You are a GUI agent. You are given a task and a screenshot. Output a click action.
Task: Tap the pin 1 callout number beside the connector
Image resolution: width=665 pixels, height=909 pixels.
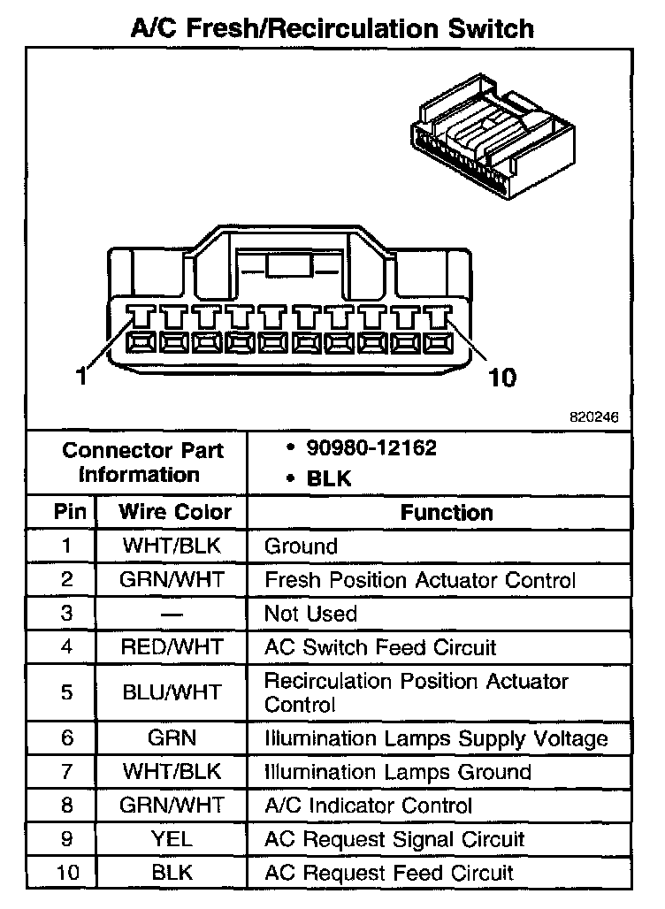click(x=80, y=377)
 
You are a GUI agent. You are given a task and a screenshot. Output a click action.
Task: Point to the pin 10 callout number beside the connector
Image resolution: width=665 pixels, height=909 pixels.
click(x=501, y=378)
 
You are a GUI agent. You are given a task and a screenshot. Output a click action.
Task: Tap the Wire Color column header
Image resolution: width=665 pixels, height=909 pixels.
click(x=175, y=512)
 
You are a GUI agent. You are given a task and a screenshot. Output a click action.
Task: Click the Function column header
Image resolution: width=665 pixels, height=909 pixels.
click(x=447, y=512)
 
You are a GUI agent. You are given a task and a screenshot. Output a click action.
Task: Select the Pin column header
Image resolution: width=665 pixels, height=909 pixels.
click(x=70, y=512)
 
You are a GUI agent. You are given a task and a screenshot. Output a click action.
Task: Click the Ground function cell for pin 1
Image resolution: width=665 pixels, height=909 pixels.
click(x=301, y=546)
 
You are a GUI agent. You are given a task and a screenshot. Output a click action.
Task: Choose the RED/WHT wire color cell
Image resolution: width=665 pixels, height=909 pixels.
click(x=172, y=647)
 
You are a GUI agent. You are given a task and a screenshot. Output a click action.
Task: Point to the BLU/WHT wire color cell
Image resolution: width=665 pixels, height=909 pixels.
click(x=172, y=692)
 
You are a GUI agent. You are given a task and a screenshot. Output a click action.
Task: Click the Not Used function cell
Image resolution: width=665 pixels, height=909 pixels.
click(x=310, y=614)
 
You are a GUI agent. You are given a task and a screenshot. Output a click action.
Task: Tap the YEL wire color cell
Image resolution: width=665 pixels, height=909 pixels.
click(x=172, y=839)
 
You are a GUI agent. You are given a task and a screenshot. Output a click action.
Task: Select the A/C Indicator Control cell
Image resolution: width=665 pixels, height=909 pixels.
click(x=369, y=806)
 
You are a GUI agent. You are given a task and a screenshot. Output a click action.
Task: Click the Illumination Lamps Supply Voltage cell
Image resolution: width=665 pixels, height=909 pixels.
click(x=436, y=738)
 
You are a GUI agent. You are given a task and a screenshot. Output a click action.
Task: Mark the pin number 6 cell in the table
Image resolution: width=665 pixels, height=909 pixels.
click(x=67, y=738)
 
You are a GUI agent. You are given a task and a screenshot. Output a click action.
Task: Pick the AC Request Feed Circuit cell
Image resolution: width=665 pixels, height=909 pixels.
click(x=389, y=873)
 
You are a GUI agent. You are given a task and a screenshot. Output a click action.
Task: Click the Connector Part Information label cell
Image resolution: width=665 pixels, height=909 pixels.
click(x=142, y=462)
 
